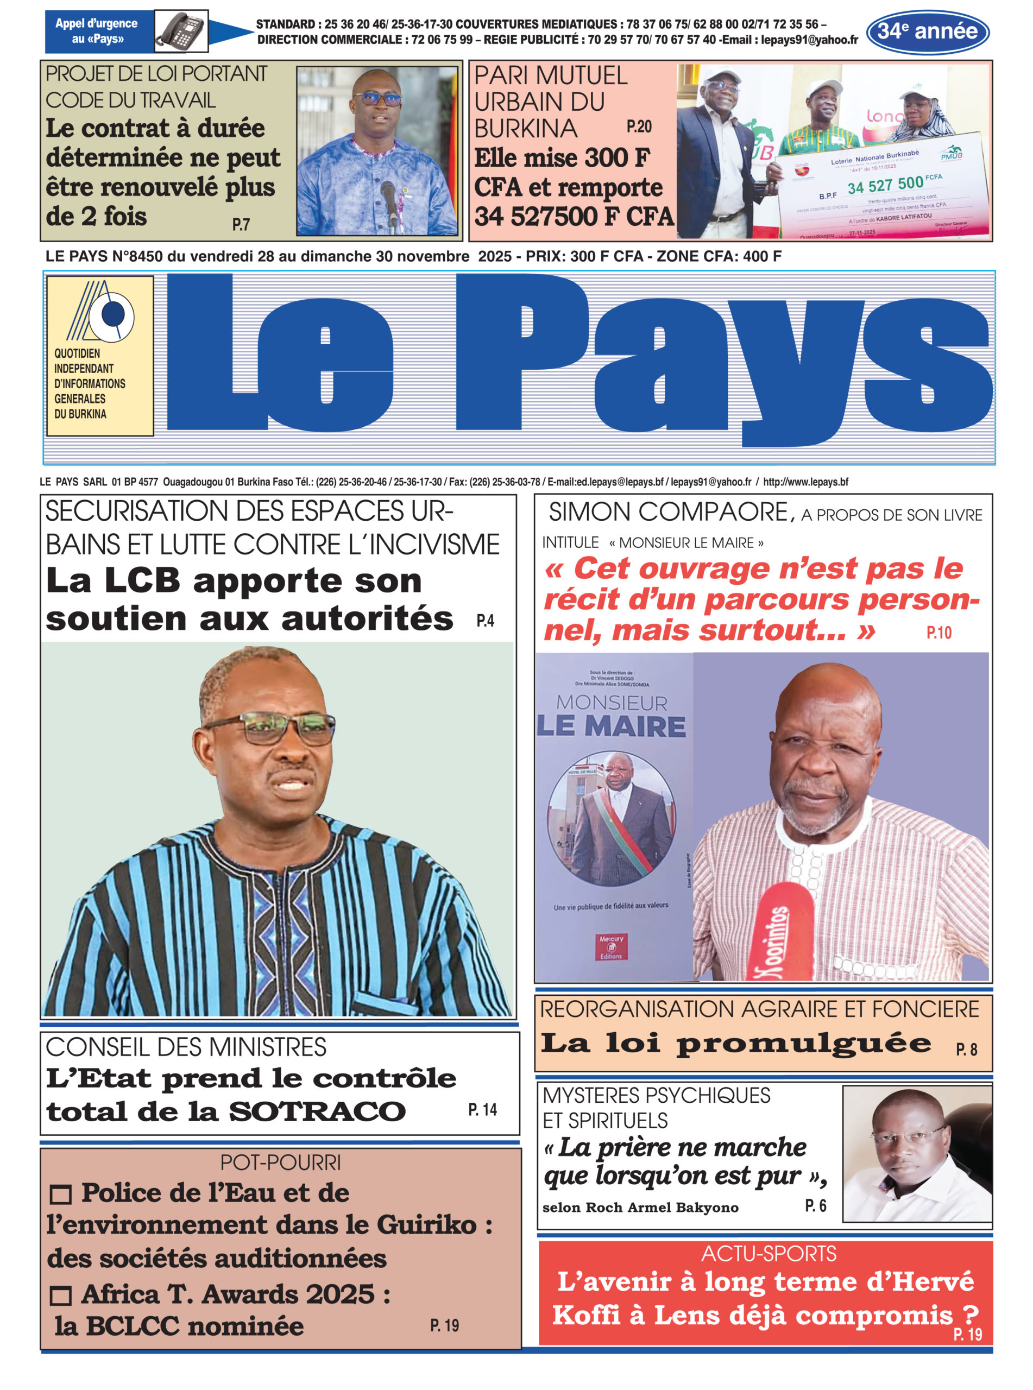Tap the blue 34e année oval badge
pos(927,31)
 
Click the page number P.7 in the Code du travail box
pos(241,224)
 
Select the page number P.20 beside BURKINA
pos(639,127)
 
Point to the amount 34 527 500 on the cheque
pos(885,185)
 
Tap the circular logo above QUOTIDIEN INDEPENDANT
pos(113,314)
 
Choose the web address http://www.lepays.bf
pos(805,482)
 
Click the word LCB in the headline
pos(143,580)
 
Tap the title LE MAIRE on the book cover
pos(612,726)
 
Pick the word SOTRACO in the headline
pos(317,1112)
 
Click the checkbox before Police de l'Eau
pos(60,1195)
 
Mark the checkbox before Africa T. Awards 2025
pos(60,1296)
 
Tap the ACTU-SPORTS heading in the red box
pos(769,1254)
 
